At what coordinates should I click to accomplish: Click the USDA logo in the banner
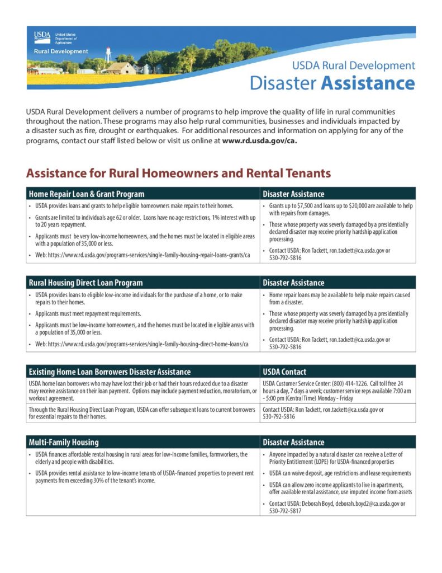coord(42,37)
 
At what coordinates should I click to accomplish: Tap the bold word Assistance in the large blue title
coord(367,83)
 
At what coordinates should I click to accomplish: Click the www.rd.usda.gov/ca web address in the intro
coord(259,141)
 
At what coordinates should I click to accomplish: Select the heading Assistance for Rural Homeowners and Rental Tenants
coord(178,173)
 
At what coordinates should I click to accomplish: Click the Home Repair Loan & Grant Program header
coord(87,194)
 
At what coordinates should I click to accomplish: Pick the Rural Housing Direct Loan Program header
coord(85,283)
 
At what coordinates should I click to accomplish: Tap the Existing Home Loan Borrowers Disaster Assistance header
coord(110,372)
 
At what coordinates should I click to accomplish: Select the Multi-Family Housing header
coord(64,442)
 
